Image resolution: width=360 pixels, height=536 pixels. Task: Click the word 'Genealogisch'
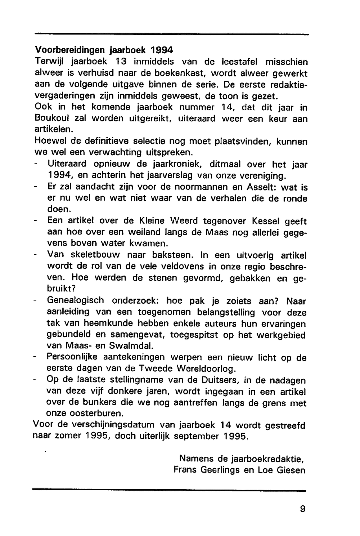pyautogui.click(x=76, y=300)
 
